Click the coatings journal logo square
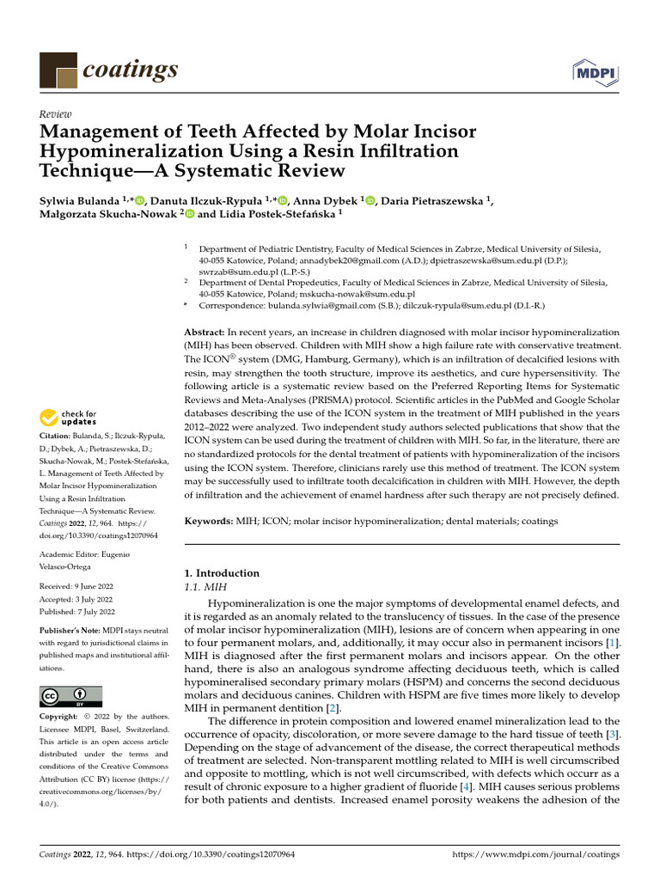(58, 68)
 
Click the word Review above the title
(56, 114)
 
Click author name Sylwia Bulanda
(79, 200)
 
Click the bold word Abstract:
(206, 332)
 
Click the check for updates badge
(69, 418)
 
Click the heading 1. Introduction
(223, 573)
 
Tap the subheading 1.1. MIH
(203, 586)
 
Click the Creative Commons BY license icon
(70, 696)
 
